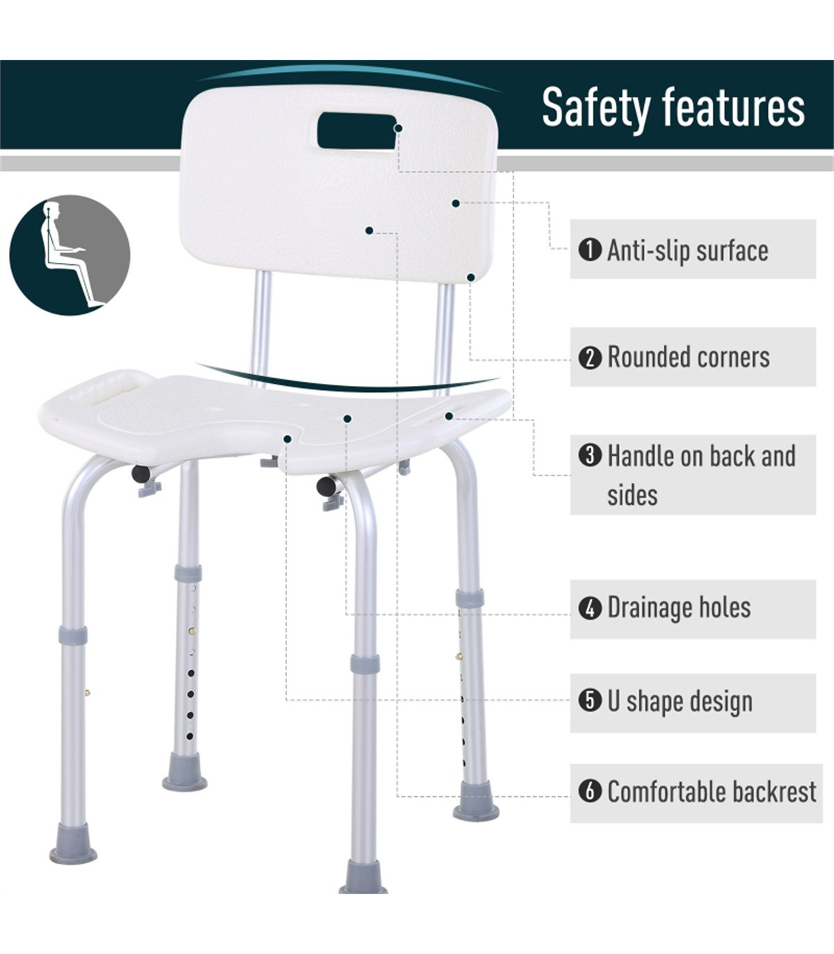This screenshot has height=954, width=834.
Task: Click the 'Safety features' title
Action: (x=673, y=107)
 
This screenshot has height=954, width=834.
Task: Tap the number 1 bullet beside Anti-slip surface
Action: (x=589, y=250)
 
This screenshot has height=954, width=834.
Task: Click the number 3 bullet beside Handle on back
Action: (x=589, y=455)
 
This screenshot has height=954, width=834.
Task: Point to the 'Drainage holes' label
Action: (x=679, y=607)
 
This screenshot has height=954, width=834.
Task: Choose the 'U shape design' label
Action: (x=680, y=702)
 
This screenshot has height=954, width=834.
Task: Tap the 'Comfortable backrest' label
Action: (x=712, y=791)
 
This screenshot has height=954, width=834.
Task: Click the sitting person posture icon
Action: (x=70, y=255)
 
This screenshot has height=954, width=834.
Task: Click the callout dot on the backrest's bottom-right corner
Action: (x=471, y=277)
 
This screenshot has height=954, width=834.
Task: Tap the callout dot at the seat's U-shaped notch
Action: (x=288, y=438)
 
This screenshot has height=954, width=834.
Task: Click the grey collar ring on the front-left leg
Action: (x=73, y=636)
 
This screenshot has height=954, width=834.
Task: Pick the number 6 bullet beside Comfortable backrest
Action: (x=589, y=791)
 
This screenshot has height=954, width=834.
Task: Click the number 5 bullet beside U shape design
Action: (x=589, y=701)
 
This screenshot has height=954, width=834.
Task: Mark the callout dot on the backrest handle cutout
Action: (x=398, y=128)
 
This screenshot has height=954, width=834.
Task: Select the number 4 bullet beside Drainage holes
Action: (x=589, y=608)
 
